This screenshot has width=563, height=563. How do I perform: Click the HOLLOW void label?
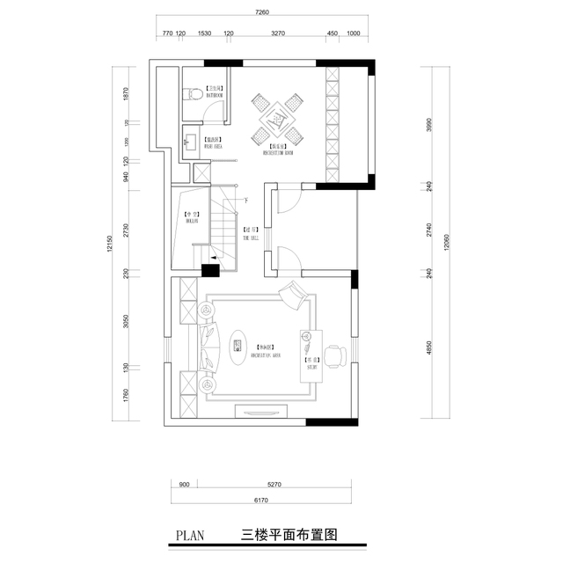tap(191, 217)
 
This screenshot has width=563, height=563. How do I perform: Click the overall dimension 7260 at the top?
tap(261, 12)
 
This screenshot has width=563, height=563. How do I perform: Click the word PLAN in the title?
tap(191, 534)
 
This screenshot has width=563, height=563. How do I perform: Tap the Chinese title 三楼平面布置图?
tap(289, 534)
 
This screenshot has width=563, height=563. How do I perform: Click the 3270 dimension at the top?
tap(278, 34)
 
